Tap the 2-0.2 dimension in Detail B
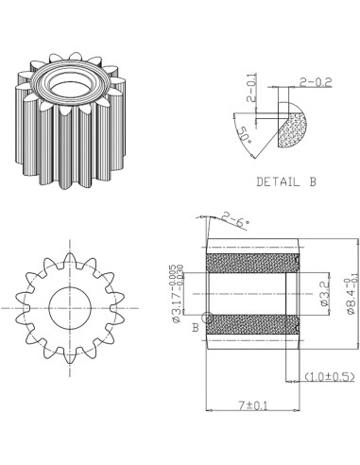tap(315, 82)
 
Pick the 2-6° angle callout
tap(235, 221)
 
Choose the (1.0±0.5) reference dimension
tap(330, 377)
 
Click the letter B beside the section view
tap(195, 327)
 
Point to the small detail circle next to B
tap(207, 318)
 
